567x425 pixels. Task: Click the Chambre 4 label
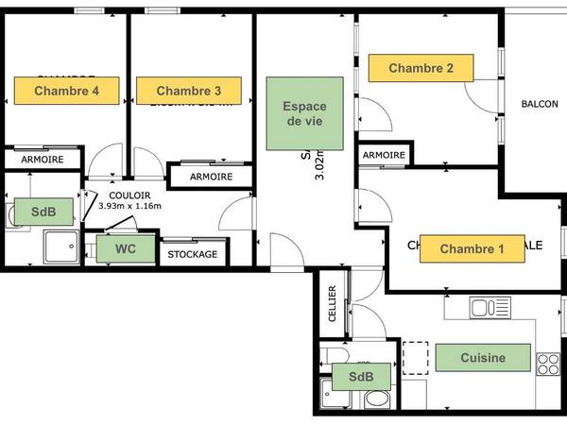(x=67, y=91)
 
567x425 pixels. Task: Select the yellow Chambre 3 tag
(x=189, y=91)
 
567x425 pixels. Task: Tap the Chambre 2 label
(x=421, y=68)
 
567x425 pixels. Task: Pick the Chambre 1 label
(x=472, y=249)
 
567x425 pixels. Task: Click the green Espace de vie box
(x=303, y=113)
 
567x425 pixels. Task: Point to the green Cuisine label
(x=483, y=358)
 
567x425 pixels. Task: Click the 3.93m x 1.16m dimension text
(x=130, y=206)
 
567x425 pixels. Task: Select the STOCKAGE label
(x=193, y=254)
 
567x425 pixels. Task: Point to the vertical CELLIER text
(x=332, y=304)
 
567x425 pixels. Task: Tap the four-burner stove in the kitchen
(x=548, y=363)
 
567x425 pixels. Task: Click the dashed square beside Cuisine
(x=416, y=357)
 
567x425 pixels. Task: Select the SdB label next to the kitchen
(x=361, y=377)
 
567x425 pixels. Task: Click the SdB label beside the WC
(x=41, y=212)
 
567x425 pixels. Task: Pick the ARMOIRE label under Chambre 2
(x=384, y=155)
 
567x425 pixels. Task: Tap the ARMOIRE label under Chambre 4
(x=43, y=160)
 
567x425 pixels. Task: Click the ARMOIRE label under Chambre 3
(x=211, y=177)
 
